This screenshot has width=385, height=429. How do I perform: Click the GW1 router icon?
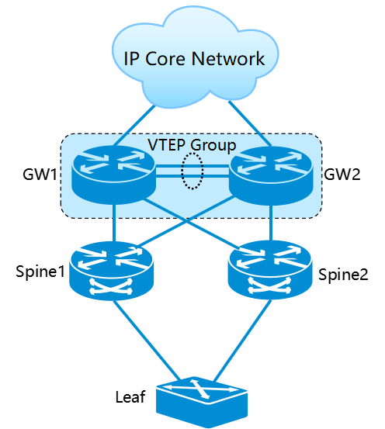(x=113, y=175)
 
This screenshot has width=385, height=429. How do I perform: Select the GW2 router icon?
(x=271, y=175)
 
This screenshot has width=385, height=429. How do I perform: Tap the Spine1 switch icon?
(x=111, y=271)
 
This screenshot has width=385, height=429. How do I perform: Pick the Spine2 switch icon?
(x=270, y=270)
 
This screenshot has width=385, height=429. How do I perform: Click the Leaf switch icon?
(x=202, y=401)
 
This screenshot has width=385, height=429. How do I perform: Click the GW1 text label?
(x=40, y=175)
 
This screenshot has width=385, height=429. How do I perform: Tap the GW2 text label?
(x=342, y=174)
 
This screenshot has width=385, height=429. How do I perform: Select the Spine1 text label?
(x=40, y=272)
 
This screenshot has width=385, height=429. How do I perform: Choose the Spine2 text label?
(x=343, y=275)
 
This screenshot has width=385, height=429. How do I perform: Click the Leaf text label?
(x=130, y=397)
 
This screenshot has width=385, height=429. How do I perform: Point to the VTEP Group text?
(x=192, y=145)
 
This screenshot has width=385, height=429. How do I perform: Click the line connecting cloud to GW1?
(x=134, y=126)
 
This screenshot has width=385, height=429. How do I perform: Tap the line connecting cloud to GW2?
(x=250, y=124)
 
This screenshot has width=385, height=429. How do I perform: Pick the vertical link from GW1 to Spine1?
(x=115, y=223)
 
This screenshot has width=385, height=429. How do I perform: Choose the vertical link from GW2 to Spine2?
(x=271, y=223)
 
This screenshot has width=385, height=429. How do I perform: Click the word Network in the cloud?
(x=228, y=58)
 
